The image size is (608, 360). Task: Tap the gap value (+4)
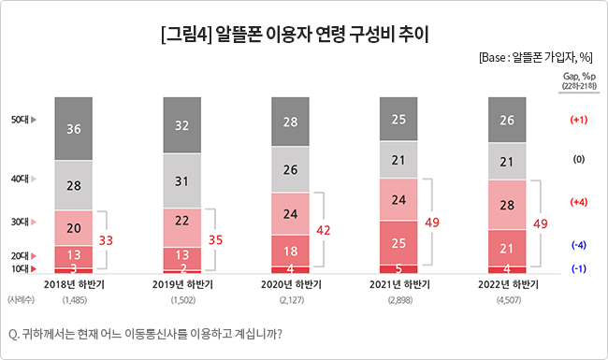[x=577, y=202]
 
